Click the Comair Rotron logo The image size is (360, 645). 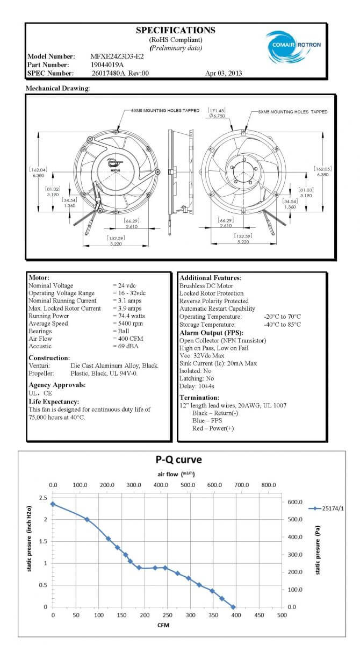click(293, 45)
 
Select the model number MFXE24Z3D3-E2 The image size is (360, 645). click(117, 56)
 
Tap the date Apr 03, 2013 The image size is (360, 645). click(224, 73)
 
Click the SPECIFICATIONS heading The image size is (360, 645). click(176, 31)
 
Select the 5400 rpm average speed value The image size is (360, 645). click(131, 324)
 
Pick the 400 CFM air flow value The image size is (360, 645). click(131, 339)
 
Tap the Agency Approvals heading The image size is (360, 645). click(57, 385)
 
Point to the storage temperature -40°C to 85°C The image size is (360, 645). click(283, 325)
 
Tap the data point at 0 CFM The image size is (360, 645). click(53, 504)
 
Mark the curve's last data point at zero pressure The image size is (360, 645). click(233, 607)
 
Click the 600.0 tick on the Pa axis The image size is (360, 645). click(296, 502)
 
